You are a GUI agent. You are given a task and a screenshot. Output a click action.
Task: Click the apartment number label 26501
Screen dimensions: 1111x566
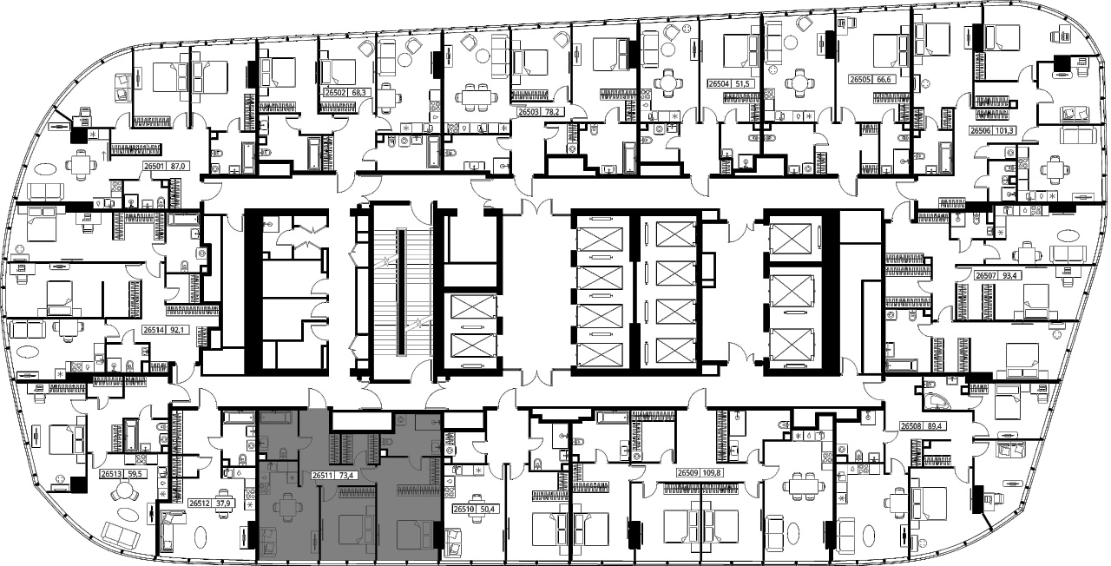[154, 167]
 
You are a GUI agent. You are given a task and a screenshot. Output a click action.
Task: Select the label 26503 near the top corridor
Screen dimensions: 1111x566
[529, 112]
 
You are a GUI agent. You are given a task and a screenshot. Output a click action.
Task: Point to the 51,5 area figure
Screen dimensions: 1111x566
[741, 84]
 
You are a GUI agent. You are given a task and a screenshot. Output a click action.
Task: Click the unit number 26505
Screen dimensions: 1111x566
[859, 79]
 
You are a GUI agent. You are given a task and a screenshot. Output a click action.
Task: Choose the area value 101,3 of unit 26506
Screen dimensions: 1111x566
[1002, 131]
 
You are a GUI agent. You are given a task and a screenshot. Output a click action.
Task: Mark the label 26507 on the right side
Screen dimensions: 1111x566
[985, 275]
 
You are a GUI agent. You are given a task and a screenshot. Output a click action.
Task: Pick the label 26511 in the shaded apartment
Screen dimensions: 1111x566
[322, 475]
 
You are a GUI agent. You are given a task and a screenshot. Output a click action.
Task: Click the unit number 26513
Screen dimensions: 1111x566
[110, 474]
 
